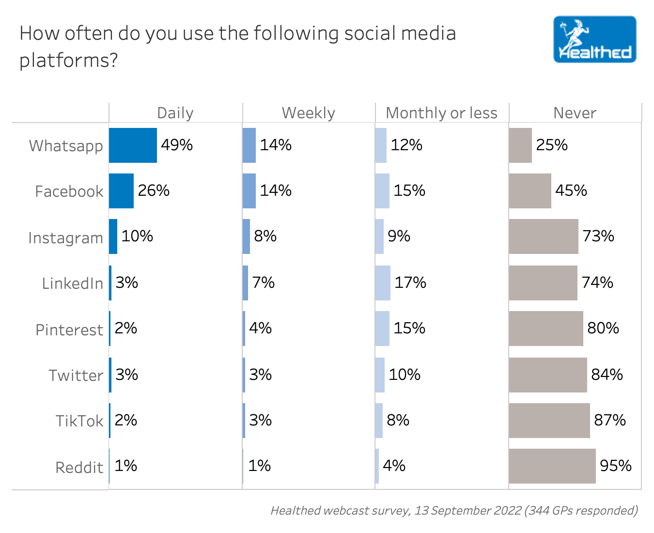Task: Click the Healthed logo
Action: (x=594, y=39)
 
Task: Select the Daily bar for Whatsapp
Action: (x=133, y=145)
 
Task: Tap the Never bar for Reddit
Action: (x=552, y=466)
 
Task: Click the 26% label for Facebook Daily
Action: (x=154, y=190)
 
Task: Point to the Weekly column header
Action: (x=308, y=113)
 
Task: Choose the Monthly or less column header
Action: (x=441, y=113)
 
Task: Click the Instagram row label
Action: (x=65, y=238)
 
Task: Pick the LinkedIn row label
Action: (x=73, y=283)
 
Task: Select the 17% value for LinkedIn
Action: (x=410, y=282)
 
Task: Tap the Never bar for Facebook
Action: (x=530, y=191)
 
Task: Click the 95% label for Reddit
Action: (x=615, y=466)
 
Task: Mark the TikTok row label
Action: (x=79, y=421)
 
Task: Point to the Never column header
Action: (x=575, y=113)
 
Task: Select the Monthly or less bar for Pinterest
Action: (x=382, y=329)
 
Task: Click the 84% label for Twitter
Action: (x=607, y=375)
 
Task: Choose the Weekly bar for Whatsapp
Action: (x=249, y=145)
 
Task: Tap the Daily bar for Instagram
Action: (x=113, y=236)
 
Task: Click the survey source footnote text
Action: (x=454, y=510)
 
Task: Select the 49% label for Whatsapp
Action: (x=177, y=145)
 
